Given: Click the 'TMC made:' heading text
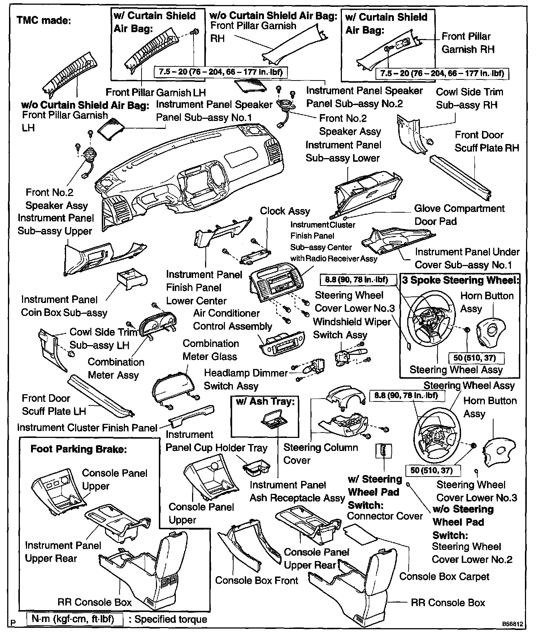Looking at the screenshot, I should [44, 20].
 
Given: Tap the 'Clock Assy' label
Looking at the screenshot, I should [285, 211].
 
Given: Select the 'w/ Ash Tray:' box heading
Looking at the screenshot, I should [265, 401].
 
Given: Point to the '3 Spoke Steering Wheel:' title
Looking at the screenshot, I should [460, 280].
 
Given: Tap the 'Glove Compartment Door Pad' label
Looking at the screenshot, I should [459, 215].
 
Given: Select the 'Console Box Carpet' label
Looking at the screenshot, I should [444, 577].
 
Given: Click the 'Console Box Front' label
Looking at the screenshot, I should [256, 580].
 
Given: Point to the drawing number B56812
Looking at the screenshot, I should [512, 624].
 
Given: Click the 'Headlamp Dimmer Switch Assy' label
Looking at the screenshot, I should [246, 379].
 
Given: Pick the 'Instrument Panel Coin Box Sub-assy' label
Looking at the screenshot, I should [64, 306].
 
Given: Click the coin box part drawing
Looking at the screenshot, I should [131, 282].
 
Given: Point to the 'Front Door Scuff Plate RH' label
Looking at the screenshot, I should [486, 141].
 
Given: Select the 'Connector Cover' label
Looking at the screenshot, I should [385, 516].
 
